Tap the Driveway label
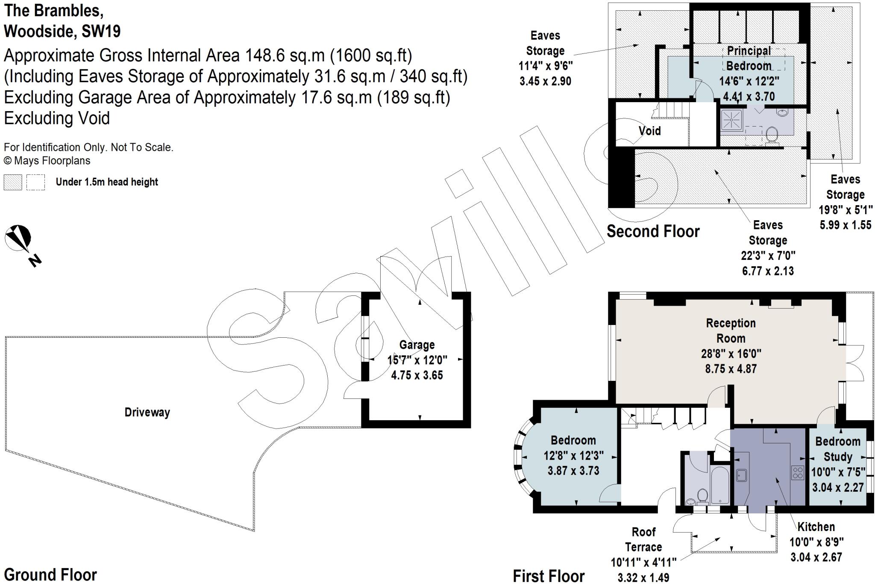[x=147, y=412]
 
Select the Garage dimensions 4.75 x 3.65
[x=417, y=375]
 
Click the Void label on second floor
[x=649, y=131]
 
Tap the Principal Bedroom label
[x=749, y=58]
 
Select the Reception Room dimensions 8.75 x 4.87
[x=731, y=369]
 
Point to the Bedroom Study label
[x=837, y=449]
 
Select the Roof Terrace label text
[x=643, y=540]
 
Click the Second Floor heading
[x=653, y=231]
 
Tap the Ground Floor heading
[x=50, y=575]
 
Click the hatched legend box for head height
[x=12, y=182]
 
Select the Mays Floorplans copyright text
[x=47, y=161]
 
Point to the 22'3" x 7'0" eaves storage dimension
[x=768, y=256]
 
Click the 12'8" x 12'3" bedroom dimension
[x=573, y=455]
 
